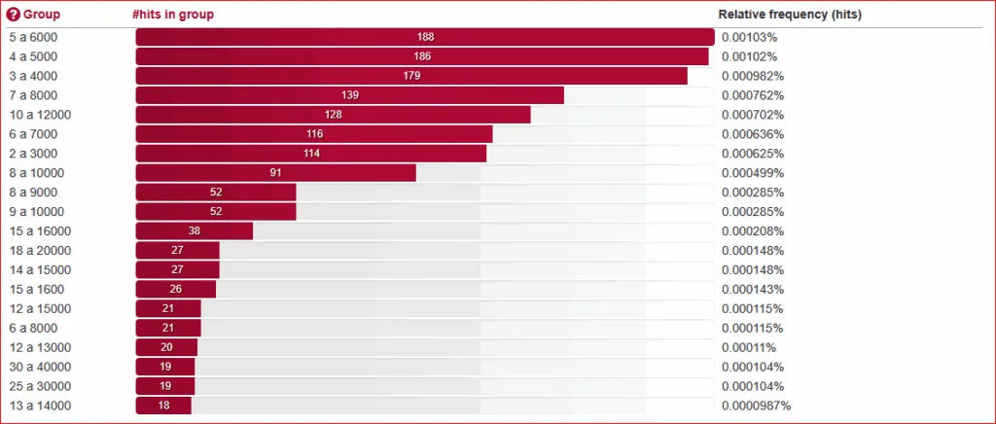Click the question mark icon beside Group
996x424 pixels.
(14, 16)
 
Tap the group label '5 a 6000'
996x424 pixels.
(32, 37)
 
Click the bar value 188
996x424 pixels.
(425, 37)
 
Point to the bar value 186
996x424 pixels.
(422, 56)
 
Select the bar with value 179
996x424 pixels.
(411, 76)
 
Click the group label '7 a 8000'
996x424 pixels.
(32, 95)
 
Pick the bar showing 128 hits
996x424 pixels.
(333, 115)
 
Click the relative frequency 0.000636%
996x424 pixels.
(752, 134)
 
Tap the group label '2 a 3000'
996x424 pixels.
(32, 154)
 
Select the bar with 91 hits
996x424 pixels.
(275, 173)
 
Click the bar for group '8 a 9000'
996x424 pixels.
(215, 193)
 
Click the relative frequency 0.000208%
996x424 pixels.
(752, 231)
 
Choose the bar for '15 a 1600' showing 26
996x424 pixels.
(175, 290)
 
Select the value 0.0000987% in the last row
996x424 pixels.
(756, 406)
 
